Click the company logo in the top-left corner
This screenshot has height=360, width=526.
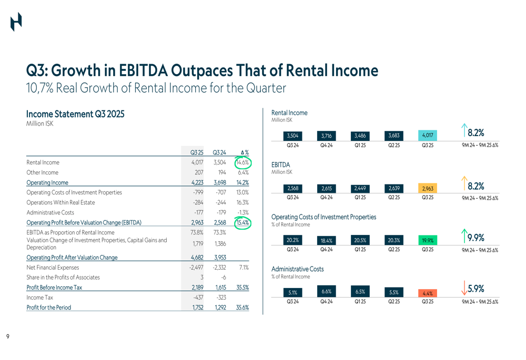coord(16,22)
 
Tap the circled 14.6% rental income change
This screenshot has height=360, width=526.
coord(242,163)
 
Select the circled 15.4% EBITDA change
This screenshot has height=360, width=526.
coord(242,222)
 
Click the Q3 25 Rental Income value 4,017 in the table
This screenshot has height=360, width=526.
coord(197,163)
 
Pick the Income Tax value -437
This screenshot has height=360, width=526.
coord(197,297)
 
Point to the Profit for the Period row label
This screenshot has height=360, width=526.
coord(48,307)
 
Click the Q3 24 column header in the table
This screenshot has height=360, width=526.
coord(219,152)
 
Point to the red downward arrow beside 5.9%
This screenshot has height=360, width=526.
coord(463,288)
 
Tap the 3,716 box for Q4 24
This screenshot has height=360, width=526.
coord(326,136)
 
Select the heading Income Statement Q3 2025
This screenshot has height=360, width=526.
coord(75,114)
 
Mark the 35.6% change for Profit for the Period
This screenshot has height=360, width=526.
coord(242,307)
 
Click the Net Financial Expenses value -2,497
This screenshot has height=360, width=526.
coord(196,268)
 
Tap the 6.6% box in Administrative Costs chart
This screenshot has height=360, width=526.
coord(326,292)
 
